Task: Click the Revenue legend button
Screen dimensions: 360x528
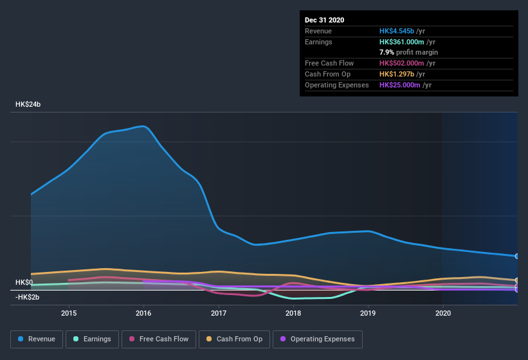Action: coord(37,339)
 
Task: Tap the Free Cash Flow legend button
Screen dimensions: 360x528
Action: coord(158,339)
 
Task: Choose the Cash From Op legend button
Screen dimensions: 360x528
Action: coord(233,339)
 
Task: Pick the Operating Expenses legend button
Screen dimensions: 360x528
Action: coord(317,339)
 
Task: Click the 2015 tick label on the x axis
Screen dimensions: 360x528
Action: coord(69,314)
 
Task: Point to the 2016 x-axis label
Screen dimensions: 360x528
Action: coord(143,314)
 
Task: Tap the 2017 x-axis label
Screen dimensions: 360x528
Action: coord(219,314)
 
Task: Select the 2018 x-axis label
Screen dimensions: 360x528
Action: coord(293,314)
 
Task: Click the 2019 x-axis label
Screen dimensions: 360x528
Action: coord(368,314)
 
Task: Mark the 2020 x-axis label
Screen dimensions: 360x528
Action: coord(443,314)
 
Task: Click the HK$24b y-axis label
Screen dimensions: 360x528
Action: coord(28,104)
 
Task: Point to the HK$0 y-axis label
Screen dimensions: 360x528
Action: coord(24,283)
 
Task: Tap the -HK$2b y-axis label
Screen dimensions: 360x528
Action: coord(28,297)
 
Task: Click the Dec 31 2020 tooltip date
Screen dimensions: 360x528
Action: coord(324,20)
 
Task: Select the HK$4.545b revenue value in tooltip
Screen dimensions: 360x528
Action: coord(397,31)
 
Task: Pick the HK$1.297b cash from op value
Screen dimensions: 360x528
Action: coord(397,74)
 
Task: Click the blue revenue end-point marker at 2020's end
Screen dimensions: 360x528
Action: coord(517,256)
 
